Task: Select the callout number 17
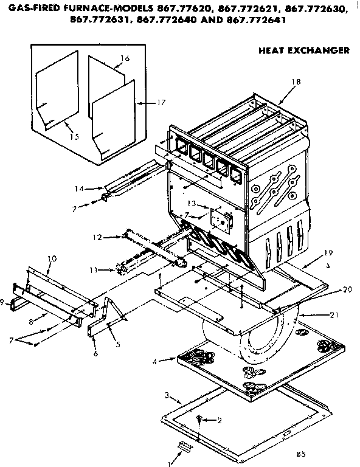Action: click(x=161, y=103)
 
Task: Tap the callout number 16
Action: click(x=125, y=58)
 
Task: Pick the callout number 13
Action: click(x=190, y=203)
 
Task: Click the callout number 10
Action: click(x=52, y=258)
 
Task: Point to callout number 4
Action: click(x=156, y=361)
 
